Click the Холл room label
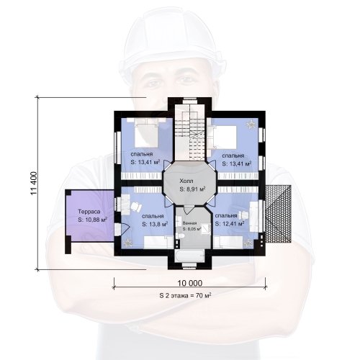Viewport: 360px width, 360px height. [x=186, y=181]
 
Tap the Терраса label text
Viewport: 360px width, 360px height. [x=89, y=212]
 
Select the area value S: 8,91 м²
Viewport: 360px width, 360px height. [x=192, y=189]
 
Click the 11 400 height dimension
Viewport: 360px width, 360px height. [x=34, y=184]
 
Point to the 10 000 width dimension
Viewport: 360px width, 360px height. [x=190, y=283]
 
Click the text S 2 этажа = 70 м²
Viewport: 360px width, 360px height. [x=185, y=295]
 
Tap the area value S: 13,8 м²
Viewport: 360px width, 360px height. [x=155, y=225]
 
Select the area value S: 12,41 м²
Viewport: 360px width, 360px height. [x=230, y=224]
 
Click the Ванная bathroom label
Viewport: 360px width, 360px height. [x=189, y=223]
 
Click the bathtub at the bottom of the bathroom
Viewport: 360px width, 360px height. [x=189, y=256]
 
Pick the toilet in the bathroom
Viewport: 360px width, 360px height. [x=181, y=236]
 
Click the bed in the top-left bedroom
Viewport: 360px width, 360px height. [x=146, y=132]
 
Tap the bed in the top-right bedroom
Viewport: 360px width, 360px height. [x=223, y=136]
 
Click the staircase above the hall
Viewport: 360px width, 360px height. [x=189, y=132]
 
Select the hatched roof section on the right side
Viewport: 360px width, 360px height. [x=278, y=214]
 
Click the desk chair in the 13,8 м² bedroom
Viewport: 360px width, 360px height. [x=136, y=207]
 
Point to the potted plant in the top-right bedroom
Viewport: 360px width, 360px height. [x=251, y=125]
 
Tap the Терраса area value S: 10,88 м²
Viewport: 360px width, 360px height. [x=92, y=220]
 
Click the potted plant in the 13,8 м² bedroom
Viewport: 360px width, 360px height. [x=127, y=243]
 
